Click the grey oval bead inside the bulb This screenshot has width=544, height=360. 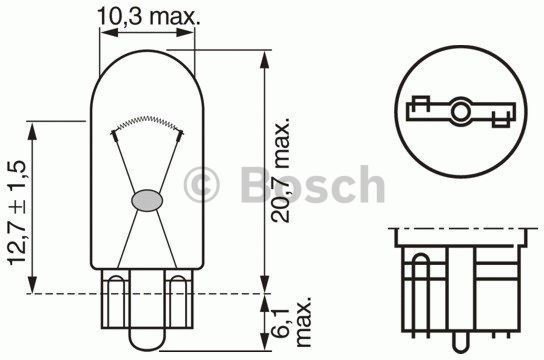click(146, 199)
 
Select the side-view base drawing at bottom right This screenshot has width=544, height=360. click(460, 285)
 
